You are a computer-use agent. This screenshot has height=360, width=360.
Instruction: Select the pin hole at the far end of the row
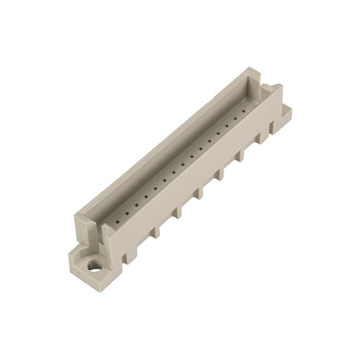[243, 111]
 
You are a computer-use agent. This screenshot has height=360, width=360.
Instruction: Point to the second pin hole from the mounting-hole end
[127, 213]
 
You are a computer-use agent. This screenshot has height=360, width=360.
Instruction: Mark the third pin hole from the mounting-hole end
[136, 205]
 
